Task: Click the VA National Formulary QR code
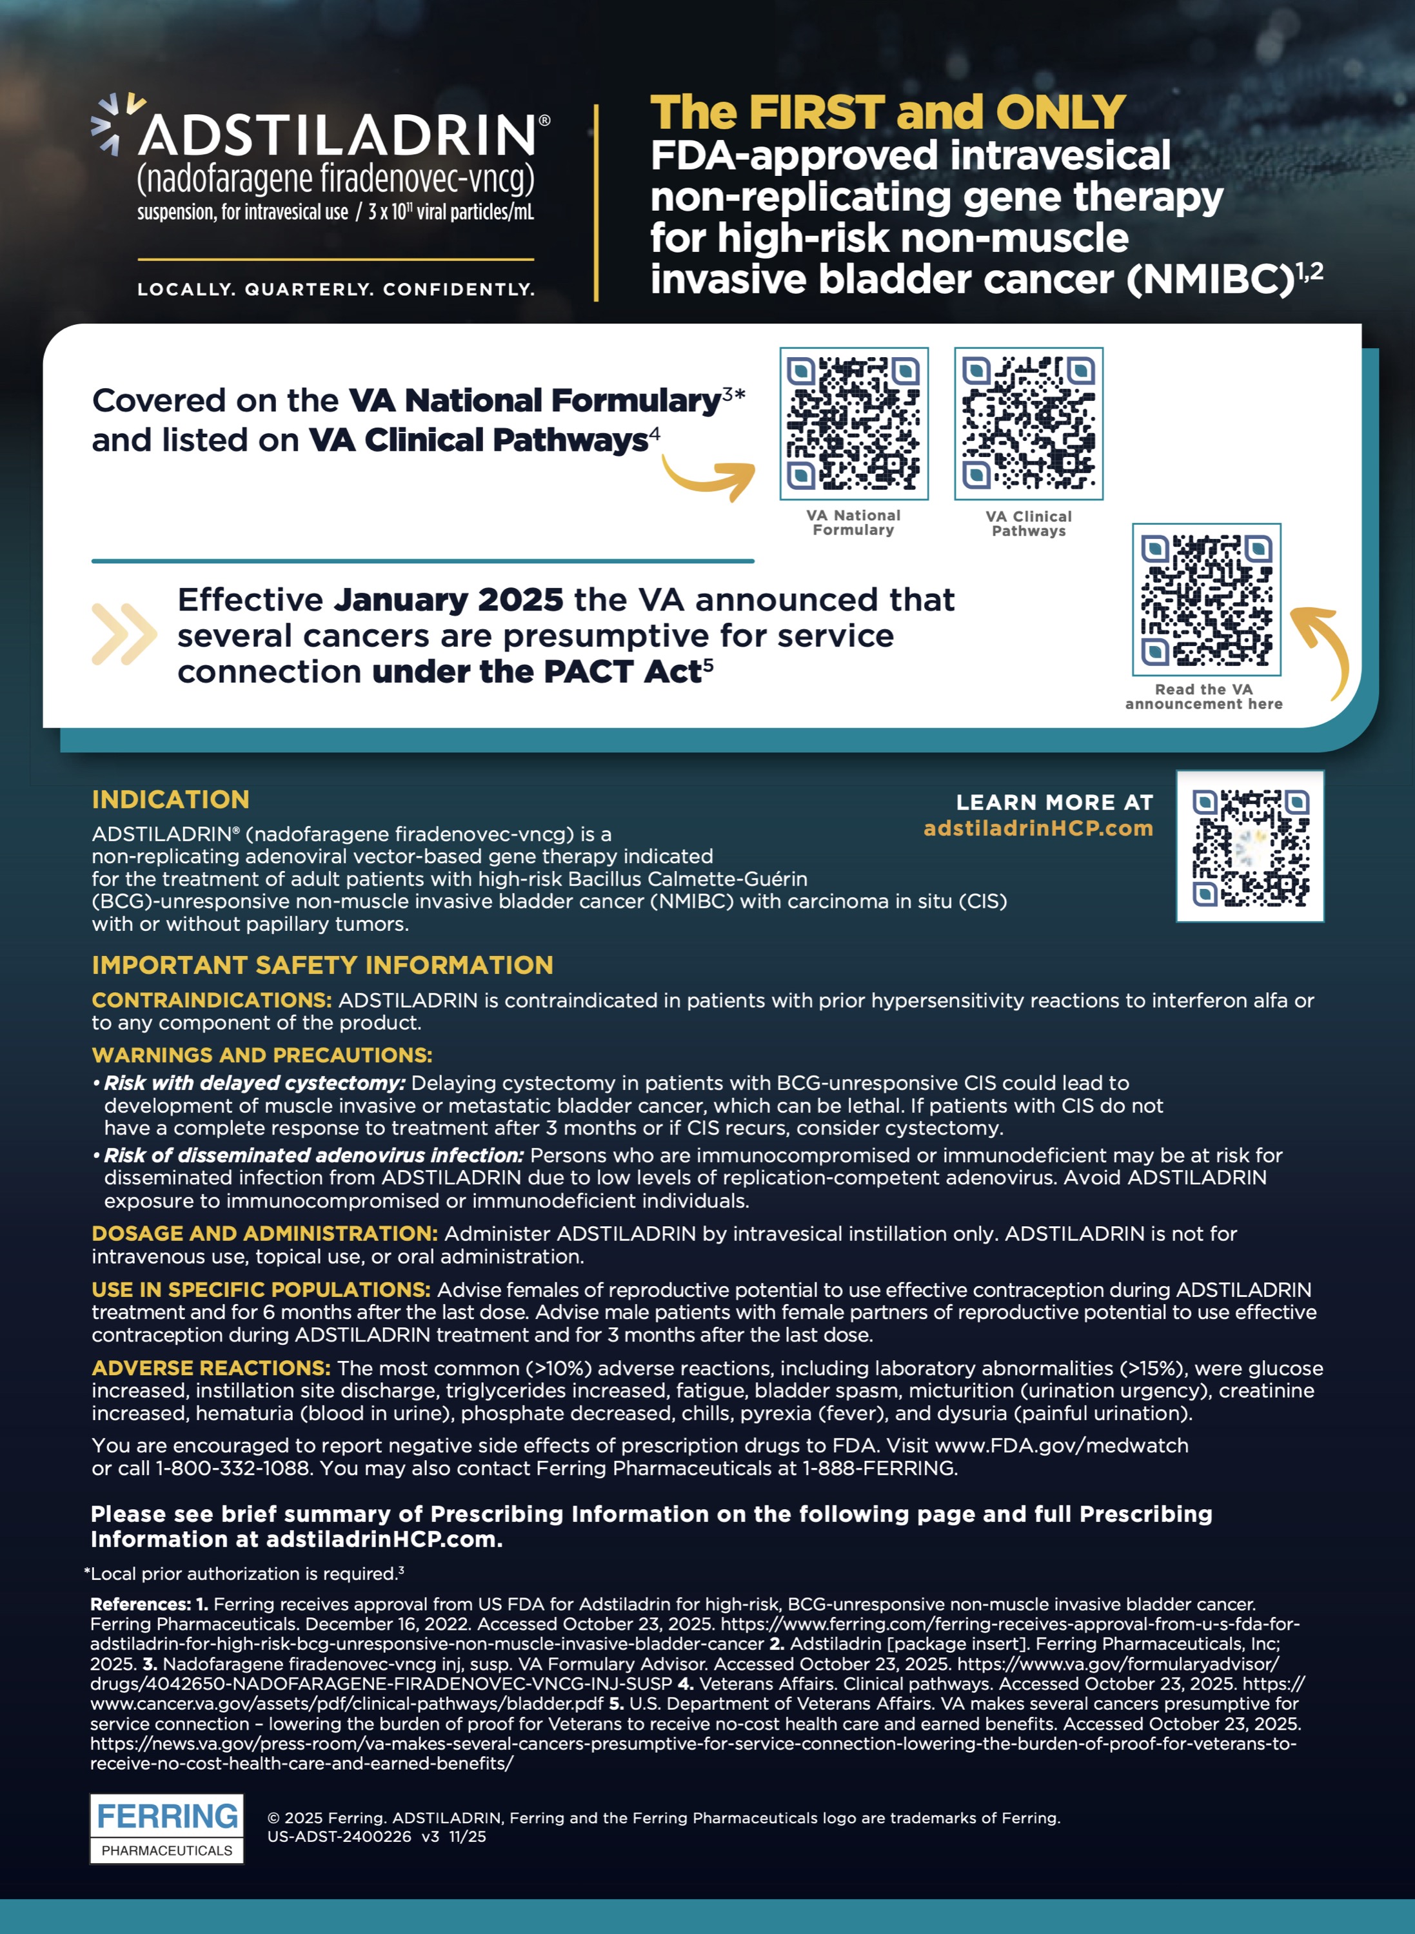tap(853, 424)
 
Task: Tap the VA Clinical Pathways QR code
tap(1028, 424)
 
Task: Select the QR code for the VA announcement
tap(1206, 600)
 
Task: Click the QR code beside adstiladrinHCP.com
tap(1250, 846)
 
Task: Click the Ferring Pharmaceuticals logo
tap(167, 1828)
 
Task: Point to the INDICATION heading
tap(170, 799)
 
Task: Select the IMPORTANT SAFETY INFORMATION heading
tap(322, 965)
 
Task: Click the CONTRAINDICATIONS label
tap(212, 1000)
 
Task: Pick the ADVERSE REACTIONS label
tap(211, 1368)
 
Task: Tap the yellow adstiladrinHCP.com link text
tap(1038, 828)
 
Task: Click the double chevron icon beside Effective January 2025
tap(124, 634)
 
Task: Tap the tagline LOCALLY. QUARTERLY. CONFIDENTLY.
tap(336, 289)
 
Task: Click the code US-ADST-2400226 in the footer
tap(339, 1837)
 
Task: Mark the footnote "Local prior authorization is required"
tap(244, 1574)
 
